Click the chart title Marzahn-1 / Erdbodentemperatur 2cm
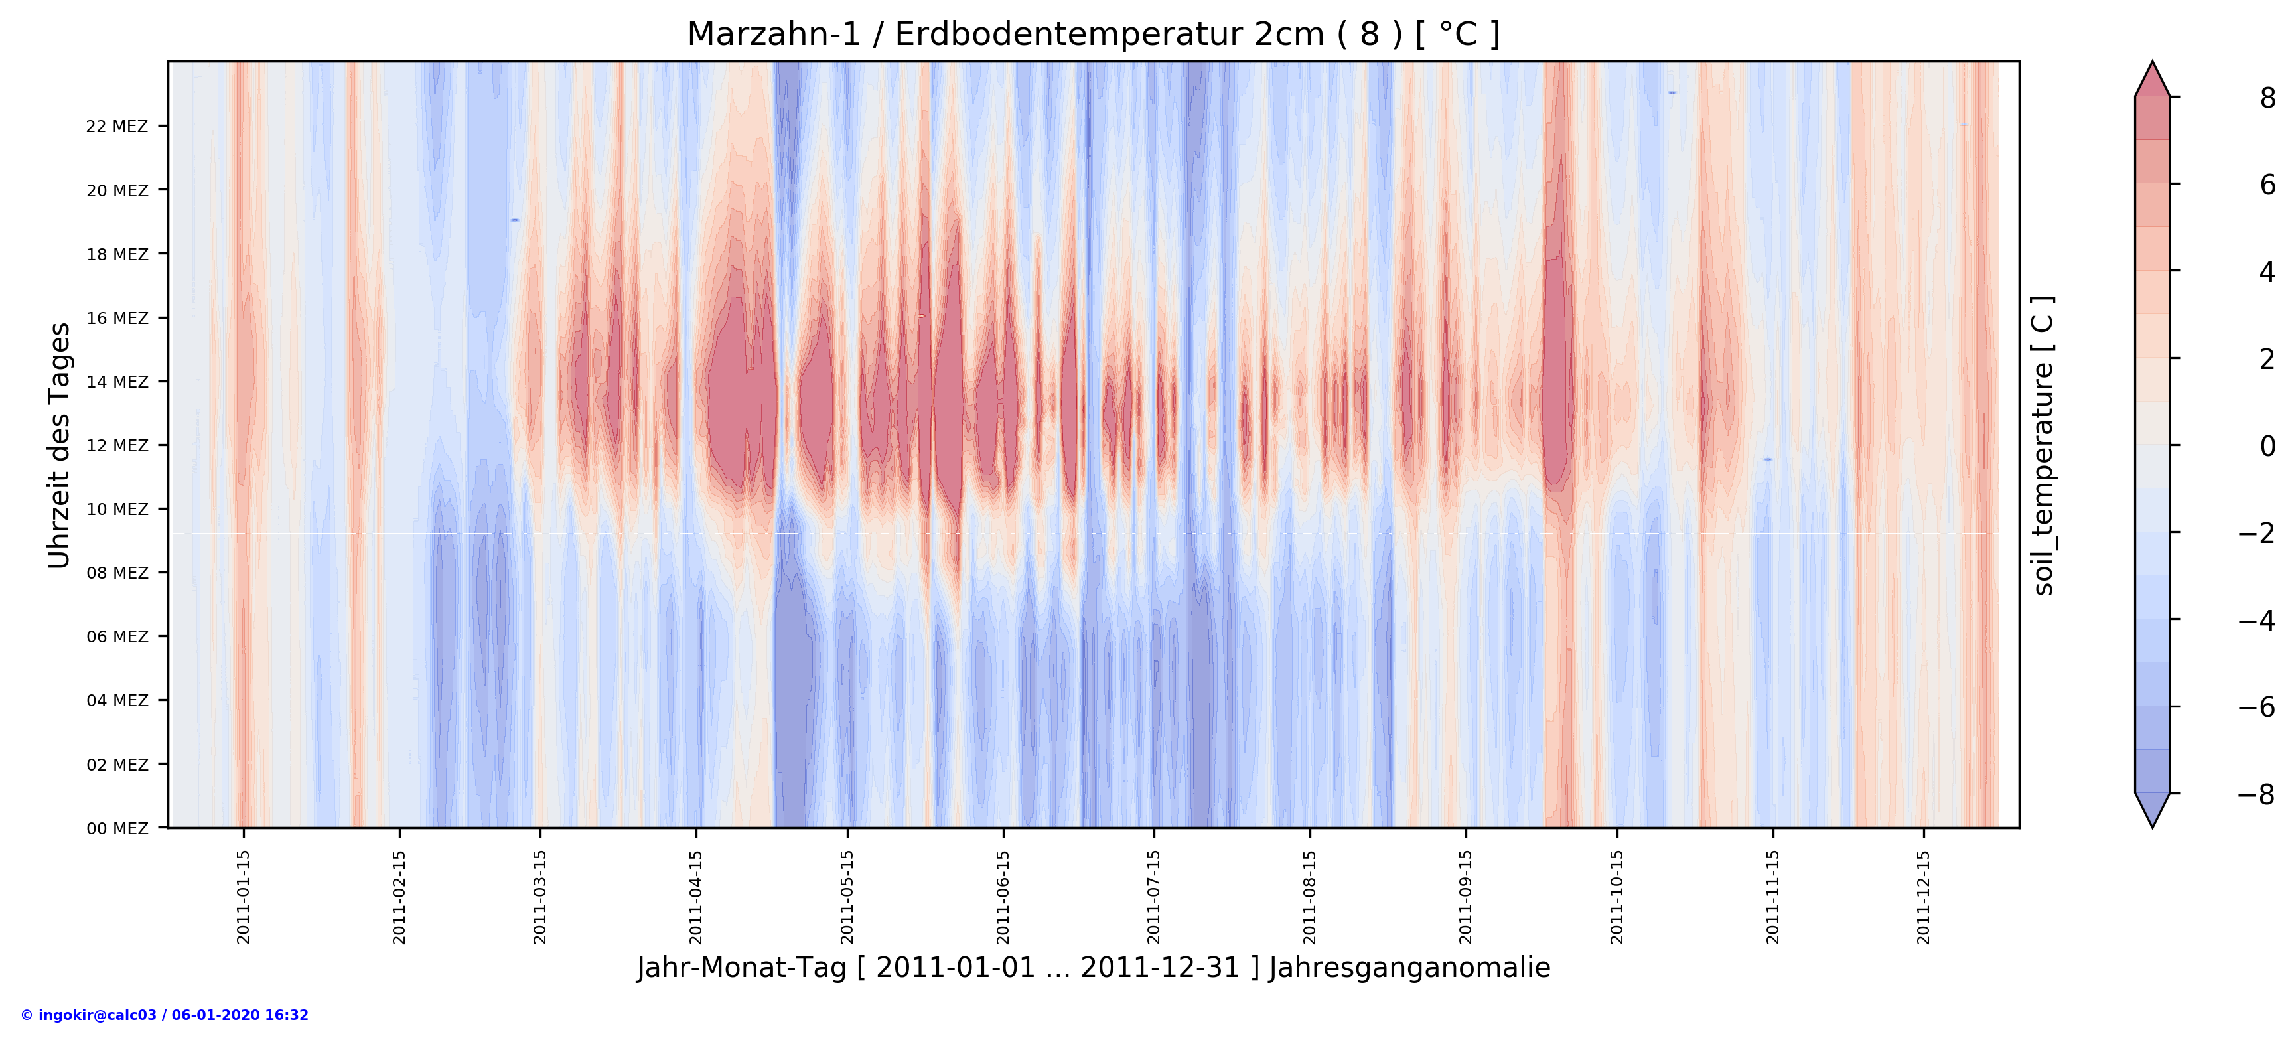1093,35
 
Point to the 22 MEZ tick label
117,127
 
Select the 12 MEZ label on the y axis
117,446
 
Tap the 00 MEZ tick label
117,828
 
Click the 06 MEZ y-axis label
117,636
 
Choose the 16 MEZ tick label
117,318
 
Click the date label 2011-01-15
244,896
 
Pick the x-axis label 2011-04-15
696,896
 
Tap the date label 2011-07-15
1154,896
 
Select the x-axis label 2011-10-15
1617,896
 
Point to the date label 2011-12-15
1924,896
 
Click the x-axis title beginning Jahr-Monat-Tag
1093,968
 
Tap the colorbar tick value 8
2267,98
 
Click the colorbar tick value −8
2257,794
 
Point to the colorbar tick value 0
2267,446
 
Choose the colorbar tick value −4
2257,621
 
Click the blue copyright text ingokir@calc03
165,1015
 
